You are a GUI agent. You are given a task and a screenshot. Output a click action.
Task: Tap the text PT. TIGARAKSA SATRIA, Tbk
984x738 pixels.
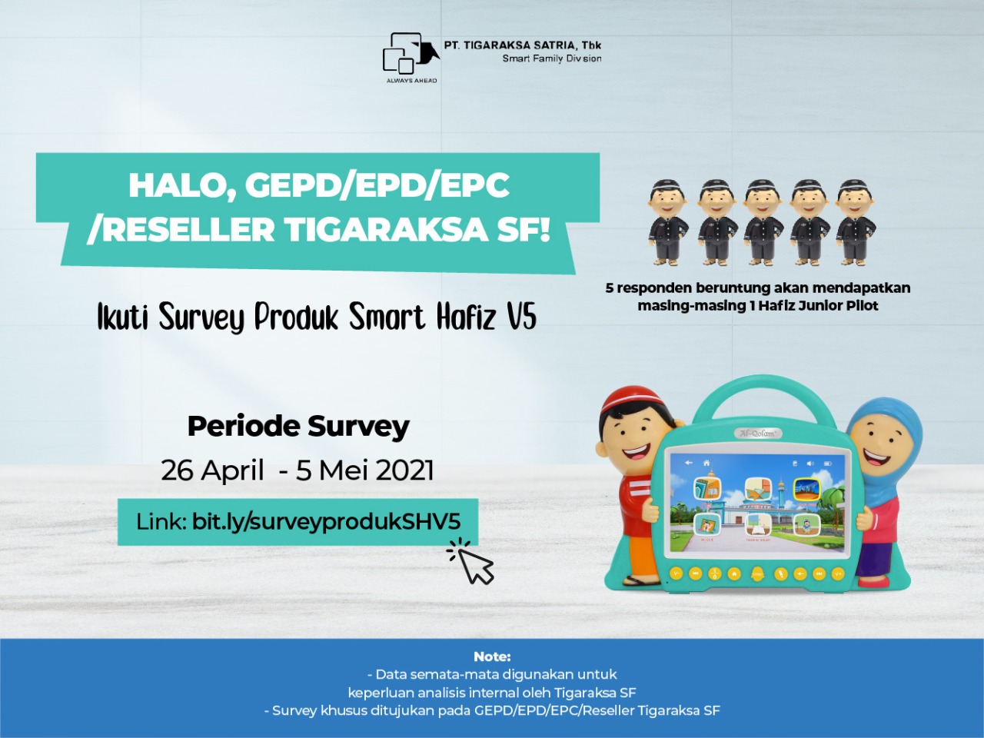(523, 45)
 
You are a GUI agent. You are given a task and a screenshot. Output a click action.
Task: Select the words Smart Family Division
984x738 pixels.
(552, 58)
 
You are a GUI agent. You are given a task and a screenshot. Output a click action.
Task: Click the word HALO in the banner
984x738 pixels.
(182, 187)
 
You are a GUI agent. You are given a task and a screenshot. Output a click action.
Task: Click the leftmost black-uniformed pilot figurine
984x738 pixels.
(668, 222)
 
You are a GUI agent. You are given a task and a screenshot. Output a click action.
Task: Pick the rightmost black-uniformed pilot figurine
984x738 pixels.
(856, 222)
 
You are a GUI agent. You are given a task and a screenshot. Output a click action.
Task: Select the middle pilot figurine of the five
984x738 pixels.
(762, 222)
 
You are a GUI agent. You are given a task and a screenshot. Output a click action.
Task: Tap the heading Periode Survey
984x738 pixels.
(298, 427)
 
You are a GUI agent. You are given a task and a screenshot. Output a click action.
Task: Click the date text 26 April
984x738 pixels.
(212, 471)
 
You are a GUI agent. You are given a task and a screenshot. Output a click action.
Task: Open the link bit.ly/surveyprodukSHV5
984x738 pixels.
(327, 522)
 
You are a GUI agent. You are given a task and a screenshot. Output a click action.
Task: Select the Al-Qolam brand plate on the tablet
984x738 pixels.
(758, 433)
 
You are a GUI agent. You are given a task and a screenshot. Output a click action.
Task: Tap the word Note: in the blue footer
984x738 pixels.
(492, 657)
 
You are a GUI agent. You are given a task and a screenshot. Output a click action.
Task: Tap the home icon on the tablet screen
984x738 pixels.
(706, 463)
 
